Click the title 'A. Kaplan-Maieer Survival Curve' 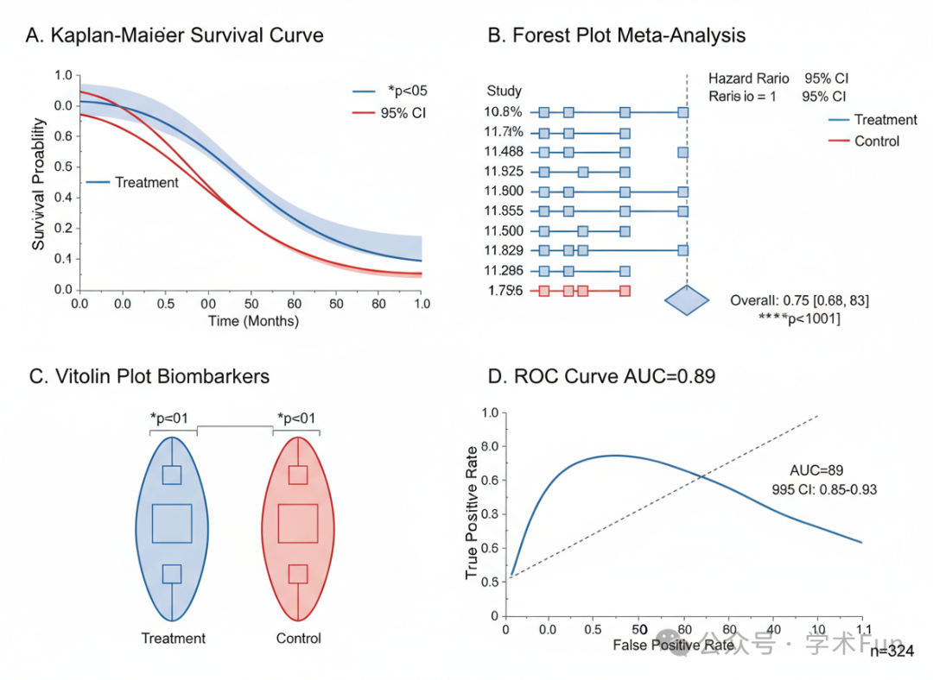tap(175, 35)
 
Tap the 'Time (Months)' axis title tap(253, 321)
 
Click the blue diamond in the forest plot tap(687, 300)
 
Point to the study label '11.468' tap(505, 152)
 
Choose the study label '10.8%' tap(503, 112)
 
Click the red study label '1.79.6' tap(504, 291)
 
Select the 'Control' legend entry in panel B tap(876, 141)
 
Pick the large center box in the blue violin tap(172, 524)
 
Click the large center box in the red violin tap(298, 524)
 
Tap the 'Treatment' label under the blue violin tap(174, 639)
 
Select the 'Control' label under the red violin tap(299, 639)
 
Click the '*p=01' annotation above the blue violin tap(173, 419)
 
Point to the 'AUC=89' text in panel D tap(816, 470)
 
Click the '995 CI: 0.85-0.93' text tap(825, 489)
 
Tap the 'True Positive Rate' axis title tap(472, 513)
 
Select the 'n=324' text tap(892, 652)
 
